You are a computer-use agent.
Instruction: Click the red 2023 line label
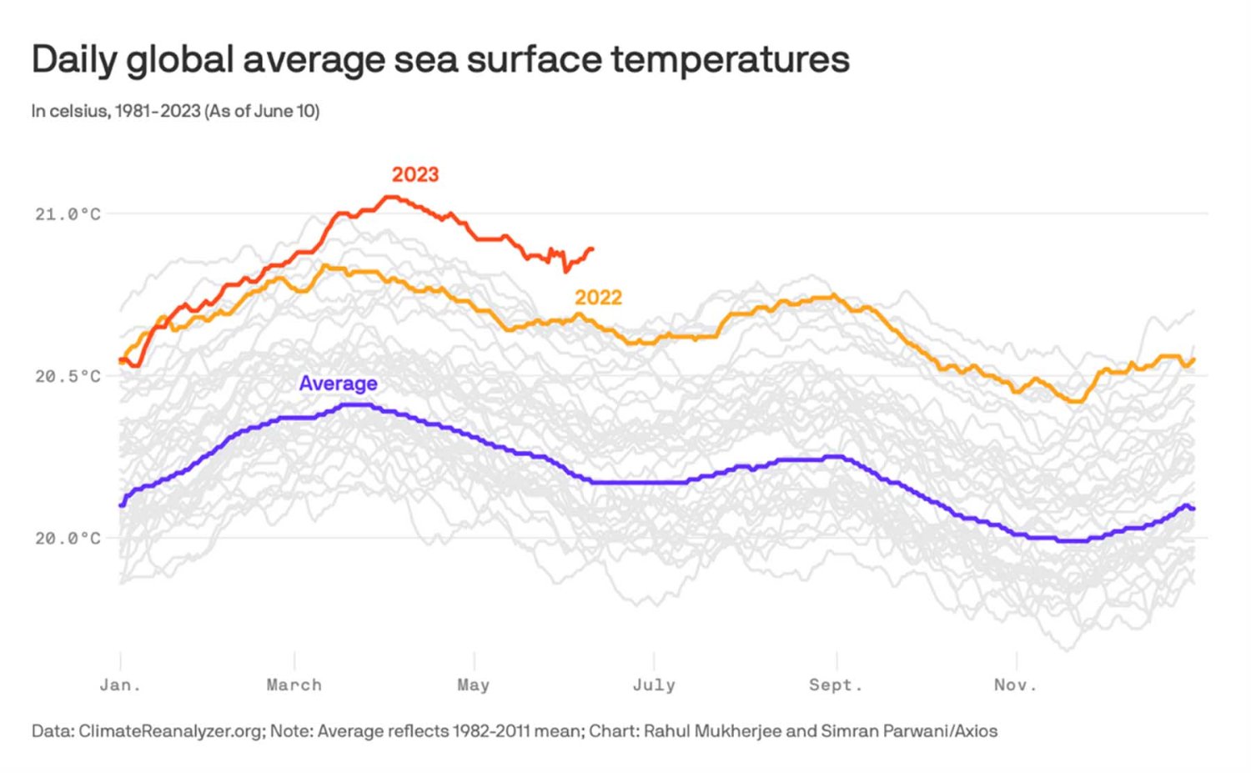415,174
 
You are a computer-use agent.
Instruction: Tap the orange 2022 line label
598,298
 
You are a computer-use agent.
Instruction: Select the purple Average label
338,384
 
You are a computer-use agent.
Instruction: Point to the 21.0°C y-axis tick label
68,214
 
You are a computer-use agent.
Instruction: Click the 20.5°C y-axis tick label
68,376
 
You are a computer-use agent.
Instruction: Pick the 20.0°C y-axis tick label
68,539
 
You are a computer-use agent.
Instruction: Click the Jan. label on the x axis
120,685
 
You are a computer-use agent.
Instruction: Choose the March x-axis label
294,685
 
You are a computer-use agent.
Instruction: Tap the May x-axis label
473,685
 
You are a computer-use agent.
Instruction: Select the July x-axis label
654,685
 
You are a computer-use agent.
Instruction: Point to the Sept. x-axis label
836,685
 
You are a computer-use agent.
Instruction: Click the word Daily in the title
73,60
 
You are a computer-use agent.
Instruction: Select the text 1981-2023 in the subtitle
158,111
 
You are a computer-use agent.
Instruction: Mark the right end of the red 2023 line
591,248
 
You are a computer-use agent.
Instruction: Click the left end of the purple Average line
122,504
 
